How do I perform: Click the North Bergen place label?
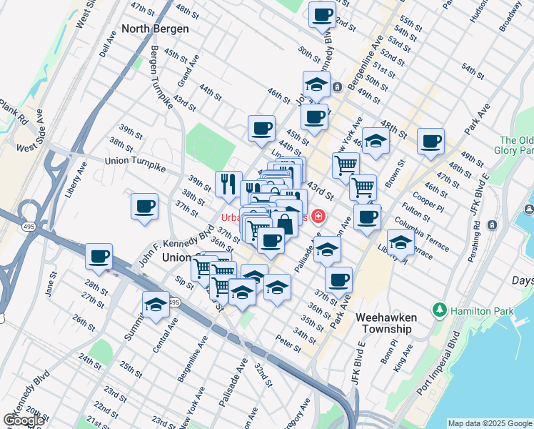[155, 29]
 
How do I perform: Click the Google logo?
[24, 420]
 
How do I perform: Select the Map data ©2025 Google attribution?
[489, 423]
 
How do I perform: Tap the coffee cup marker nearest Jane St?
[99, 256]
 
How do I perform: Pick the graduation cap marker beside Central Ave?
[156, 305]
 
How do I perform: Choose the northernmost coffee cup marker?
[323, 14]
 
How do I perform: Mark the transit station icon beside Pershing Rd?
[491, 225]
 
